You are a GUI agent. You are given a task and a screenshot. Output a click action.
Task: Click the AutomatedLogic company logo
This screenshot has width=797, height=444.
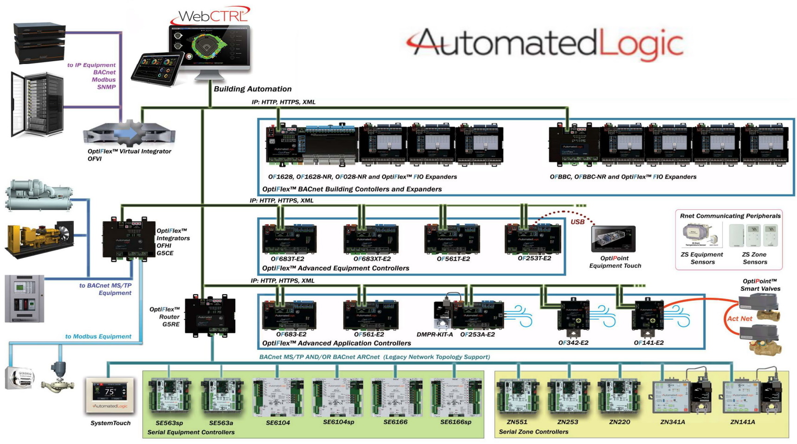[545, 44]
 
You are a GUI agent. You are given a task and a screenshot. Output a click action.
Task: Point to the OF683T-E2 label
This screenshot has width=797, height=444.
[287, 259]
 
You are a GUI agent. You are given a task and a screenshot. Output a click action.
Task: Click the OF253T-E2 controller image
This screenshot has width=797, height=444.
[533, 238]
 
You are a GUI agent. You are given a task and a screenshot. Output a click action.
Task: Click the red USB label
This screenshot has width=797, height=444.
[577, 222]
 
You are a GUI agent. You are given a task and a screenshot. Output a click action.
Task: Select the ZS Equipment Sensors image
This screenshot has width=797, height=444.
[702, 235]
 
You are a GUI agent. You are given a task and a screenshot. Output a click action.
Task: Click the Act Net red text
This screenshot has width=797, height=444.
[739, 319]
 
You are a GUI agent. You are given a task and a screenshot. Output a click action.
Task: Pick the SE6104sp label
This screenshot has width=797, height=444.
[338, 422]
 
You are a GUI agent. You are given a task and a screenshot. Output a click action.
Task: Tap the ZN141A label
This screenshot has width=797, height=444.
[742, 422]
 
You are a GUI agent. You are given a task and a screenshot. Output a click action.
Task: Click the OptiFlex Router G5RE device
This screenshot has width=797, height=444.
[210, 316]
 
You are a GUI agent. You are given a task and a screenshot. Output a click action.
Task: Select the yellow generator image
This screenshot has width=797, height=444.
[39, 238]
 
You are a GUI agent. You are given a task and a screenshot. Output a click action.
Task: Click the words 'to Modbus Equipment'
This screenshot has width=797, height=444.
[98, 336]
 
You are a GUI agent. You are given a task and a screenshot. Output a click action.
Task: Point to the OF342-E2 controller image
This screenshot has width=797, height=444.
[574, 315]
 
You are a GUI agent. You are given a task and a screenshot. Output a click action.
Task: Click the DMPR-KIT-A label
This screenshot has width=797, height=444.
[434, 335]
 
